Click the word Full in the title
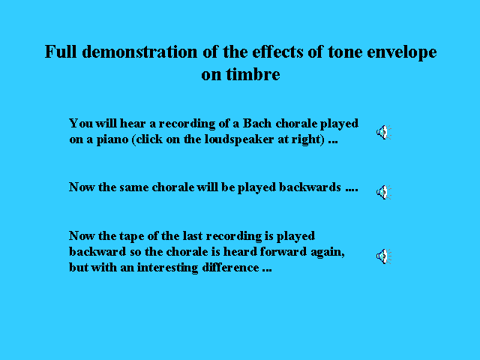click(x=61, y=52)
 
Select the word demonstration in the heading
click(x=139, y=52)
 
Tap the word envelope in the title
click(x=402, y=52)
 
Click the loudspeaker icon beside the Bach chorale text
click(x=384, y=132)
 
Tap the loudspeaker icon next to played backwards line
click(x=384, y=192)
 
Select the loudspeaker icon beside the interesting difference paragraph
click(x=384, y=256)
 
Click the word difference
click(x=230, y=267)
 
